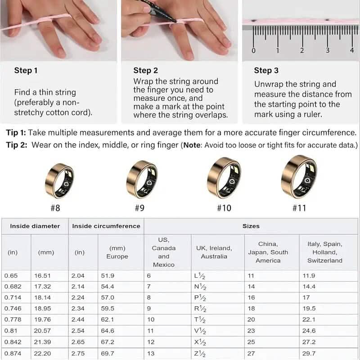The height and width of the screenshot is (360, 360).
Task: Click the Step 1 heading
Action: pos(26,70)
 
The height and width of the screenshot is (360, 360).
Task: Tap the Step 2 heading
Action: pos(145,70)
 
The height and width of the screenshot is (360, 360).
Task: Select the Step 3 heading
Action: pos(266,70)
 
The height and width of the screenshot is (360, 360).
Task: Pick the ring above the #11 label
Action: pos(299,177)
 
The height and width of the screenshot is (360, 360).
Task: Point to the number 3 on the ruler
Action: pos(328,50)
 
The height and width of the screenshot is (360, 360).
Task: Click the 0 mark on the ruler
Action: pos(254,50)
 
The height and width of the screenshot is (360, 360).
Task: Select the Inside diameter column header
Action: pos(35,226)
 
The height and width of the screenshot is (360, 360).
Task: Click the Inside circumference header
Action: pos(106,226)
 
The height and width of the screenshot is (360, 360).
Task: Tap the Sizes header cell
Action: pos(251,226)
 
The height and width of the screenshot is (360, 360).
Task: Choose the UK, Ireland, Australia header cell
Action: pos(214,252)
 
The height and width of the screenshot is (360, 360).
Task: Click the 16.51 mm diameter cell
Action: pos(46,275)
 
